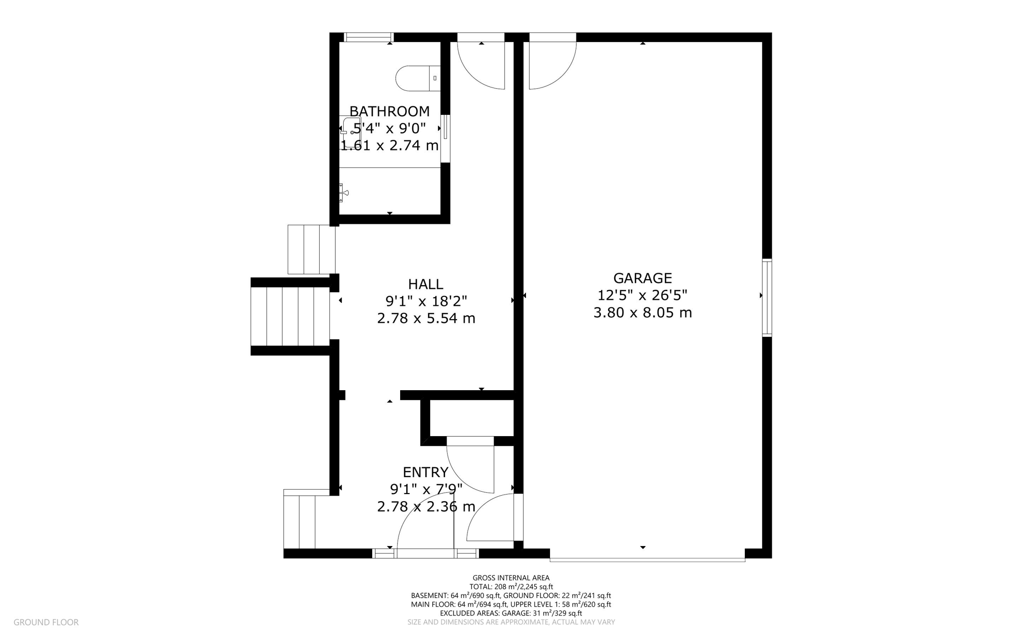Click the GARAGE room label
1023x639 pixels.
point(642,278)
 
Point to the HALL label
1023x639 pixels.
point(426,284)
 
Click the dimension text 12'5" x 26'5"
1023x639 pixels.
point(642,295)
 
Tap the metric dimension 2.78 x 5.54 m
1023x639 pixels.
point(426,318)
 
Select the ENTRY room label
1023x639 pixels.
point(426,472)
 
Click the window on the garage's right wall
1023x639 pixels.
point(766,297)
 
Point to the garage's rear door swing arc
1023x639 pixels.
point(552,65)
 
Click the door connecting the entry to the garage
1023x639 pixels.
point(492,520)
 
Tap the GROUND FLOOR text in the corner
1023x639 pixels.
point(46,623)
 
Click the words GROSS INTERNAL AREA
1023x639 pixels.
point(511,578)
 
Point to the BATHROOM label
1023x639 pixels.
point(389,111)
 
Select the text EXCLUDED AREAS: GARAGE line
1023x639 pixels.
point(511,613)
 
